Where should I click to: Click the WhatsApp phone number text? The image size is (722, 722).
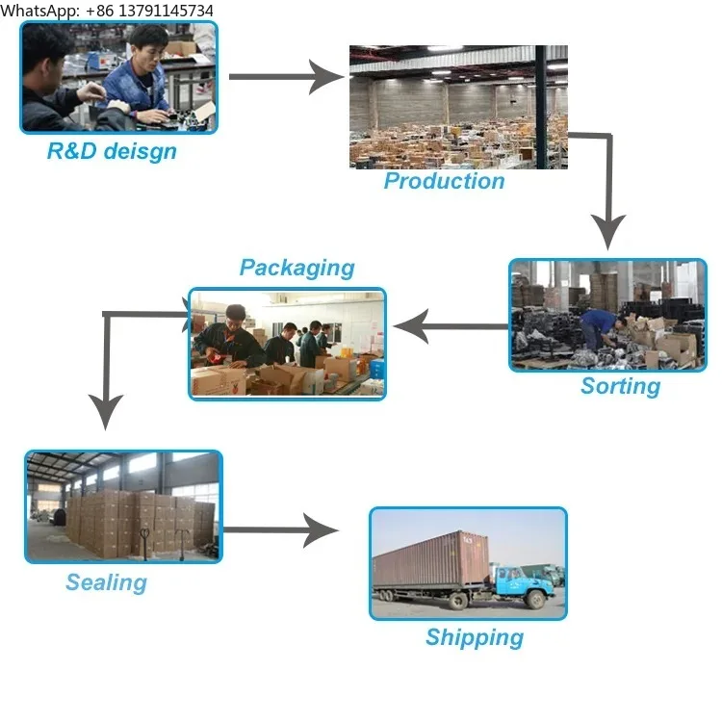[x=107, y=10]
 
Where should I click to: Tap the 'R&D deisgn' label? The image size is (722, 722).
[x=112, y=151]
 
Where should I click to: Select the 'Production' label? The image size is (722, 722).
[x=444, y=181]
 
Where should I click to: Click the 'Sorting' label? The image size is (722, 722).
[x=620, y=386]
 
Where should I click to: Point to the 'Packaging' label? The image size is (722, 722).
[x=297, y=268]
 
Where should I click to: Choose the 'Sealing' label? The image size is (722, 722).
[x=106, y=582]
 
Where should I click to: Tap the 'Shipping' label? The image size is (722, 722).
[x=475, y=637]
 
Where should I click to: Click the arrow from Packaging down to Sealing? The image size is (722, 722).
[x=106, y=366]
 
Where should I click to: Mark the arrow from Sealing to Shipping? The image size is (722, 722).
[x=279, y=529]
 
